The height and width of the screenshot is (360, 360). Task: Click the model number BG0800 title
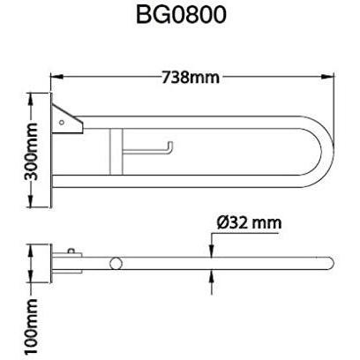(181, 14)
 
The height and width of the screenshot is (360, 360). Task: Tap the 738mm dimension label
(191, 78)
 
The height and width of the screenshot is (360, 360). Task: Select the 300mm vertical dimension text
(31, 152)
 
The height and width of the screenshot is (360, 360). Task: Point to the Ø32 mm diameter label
(249, 223)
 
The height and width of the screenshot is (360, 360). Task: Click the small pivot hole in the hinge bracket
(62, 123)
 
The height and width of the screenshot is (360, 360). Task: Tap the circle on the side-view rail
(116, 263)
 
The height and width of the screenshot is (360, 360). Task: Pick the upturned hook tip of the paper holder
(170, 145)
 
